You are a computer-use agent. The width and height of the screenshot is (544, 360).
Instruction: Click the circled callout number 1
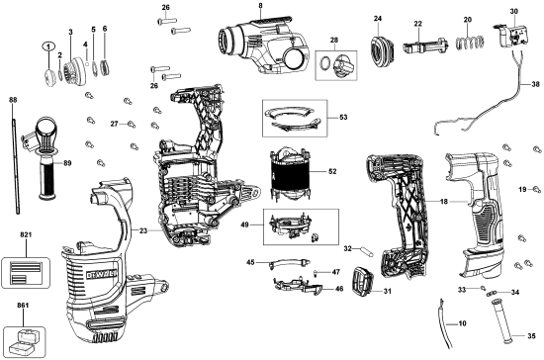click(45, 47)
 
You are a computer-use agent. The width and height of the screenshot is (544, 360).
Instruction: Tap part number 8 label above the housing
click(260, 7)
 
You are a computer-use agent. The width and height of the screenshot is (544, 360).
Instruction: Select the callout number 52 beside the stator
click(332, 171)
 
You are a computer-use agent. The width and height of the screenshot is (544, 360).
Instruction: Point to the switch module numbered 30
click(510, 36)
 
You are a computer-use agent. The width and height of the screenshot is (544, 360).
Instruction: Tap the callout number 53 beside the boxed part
click(343, 117)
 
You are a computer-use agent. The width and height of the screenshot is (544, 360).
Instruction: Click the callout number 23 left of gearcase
click(143, 230)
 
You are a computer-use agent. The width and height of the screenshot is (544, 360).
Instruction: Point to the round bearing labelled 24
click(378, 47)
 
